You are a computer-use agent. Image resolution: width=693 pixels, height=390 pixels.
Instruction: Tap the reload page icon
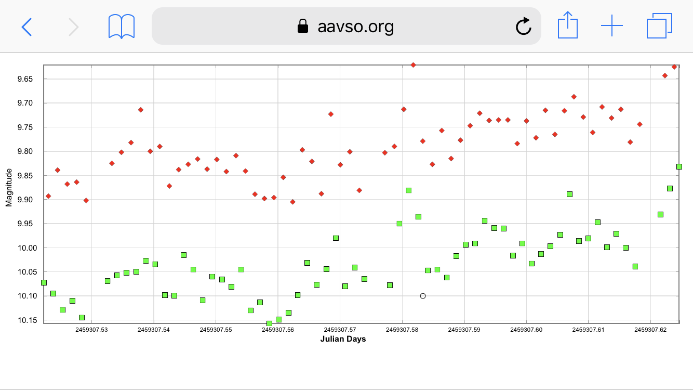[x=523, y=26]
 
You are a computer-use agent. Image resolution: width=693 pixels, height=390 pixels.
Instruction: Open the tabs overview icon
[x=659, y=26]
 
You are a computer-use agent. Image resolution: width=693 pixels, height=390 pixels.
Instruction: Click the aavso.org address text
[x=355, y=26]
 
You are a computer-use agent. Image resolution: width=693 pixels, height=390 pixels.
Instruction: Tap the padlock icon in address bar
[x=302, y=26]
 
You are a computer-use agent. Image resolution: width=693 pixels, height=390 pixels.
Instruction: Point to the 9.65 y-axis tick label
[x=25, y=79]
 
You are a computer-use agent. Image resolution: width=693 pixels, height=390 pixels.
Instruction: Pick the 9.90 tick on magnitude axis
[x=25, y=200]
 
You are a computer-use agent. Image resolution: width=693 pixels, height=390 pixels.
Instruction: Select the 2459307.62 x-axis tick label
[x=650, y=330]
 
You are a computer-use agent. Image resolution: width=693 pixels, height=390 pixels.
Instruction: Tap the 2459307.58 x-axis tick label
[x=402, y=330]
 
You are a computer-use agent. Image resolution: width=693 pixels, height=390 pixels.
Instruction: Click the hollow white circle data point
[x=423, y=296]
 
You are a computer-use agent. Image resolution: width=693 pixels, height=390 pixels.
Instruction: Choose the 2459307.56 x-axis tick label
[x=278, y=330]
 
